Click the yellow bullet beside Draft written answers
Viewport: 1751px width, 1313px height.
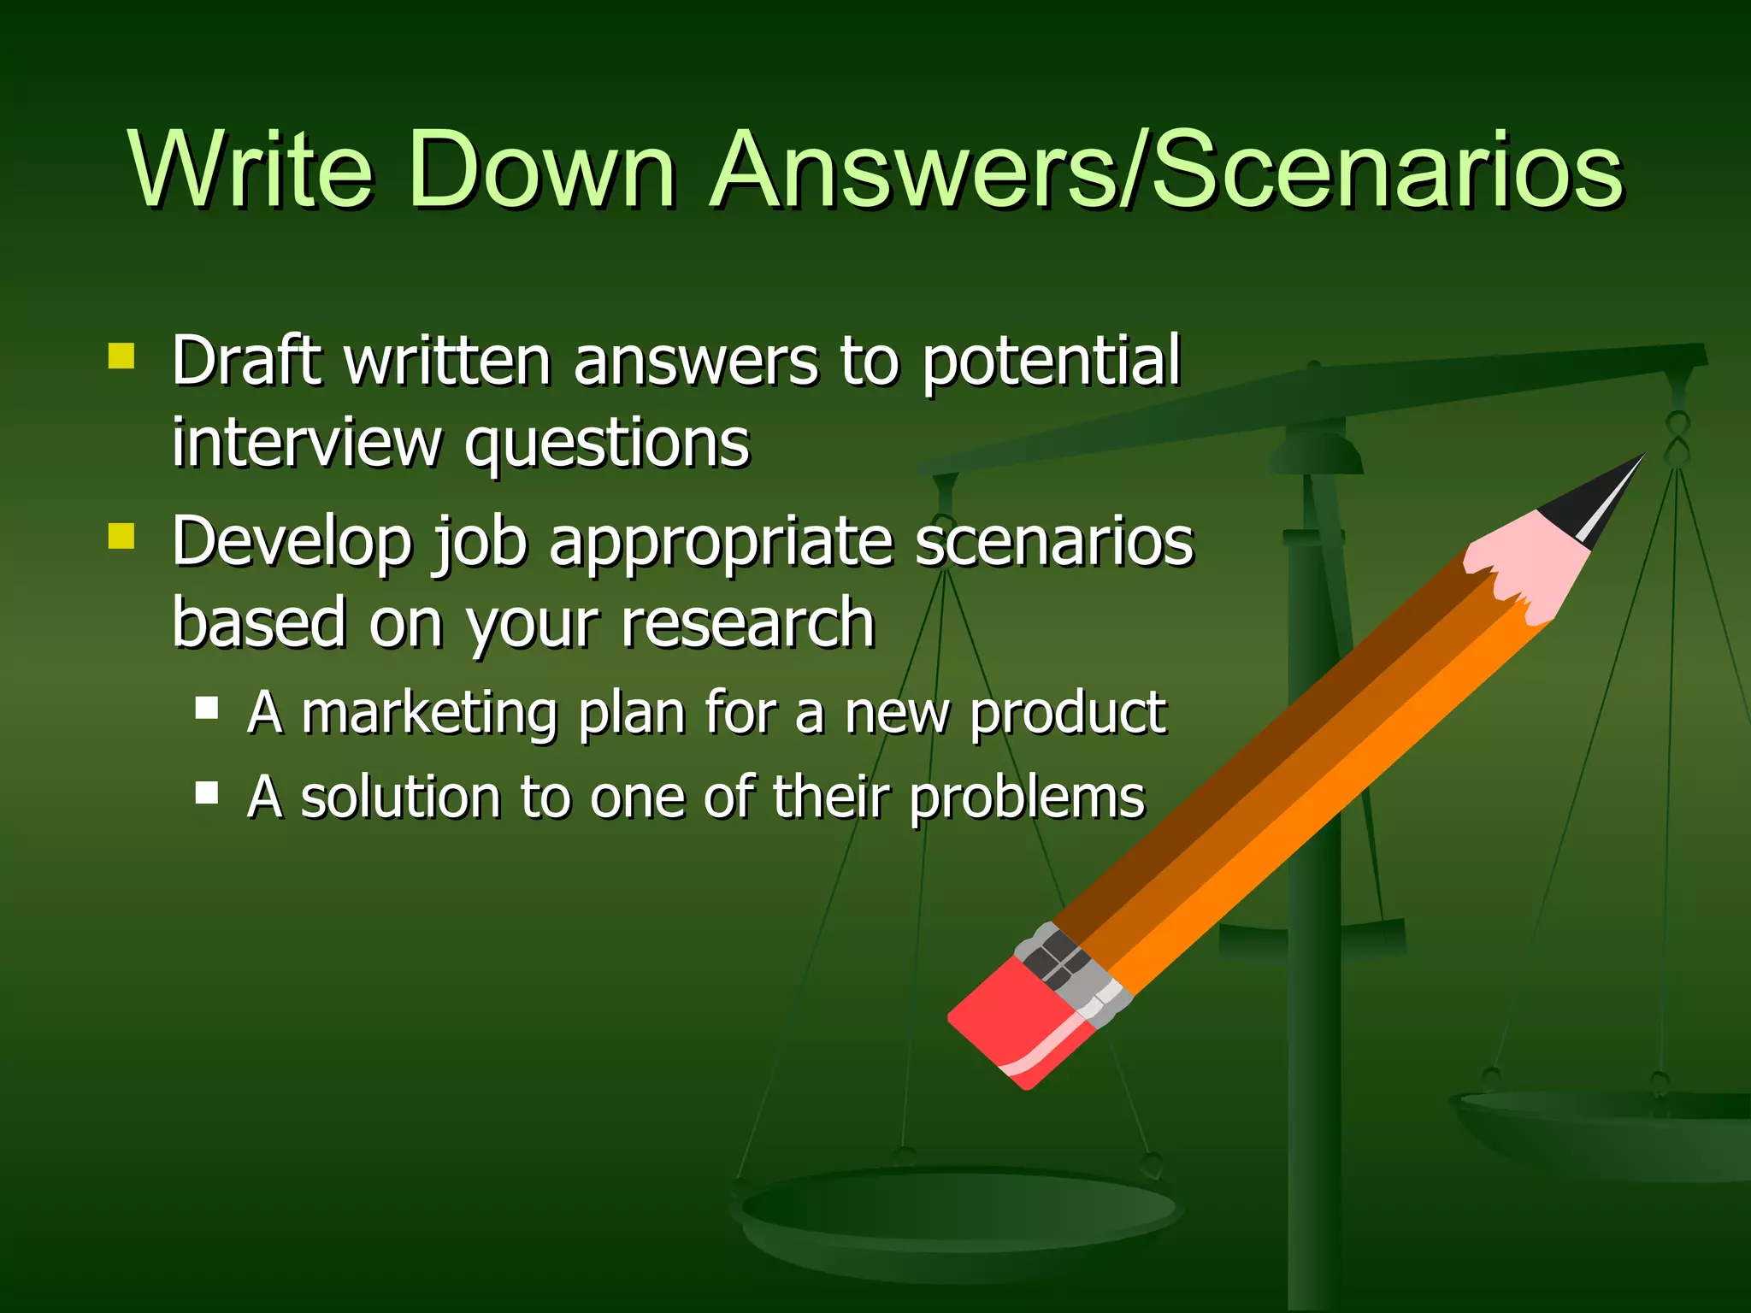click(121, 356)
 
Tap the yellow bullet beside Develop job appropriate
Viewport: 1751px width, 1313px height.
click(121, 536)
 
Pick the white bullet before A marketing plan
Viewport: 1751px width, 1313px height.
click(207, 708)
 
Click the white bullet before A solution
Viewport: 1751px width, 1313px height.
click(207, 793)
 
